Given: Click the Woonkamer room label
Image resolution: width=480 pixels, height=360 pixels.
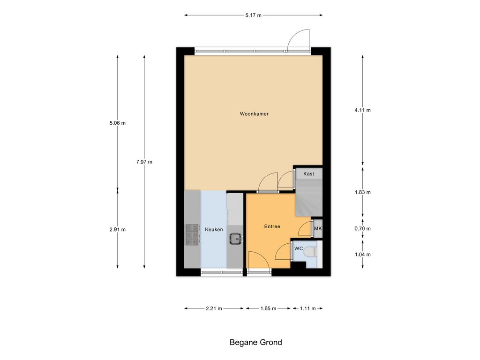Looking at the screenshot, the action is pyautogui.click(x=254, y=114).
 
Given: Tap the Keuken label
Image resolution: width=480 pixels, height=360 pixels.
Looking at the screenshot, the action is pyautogui.click(x=214, y=229).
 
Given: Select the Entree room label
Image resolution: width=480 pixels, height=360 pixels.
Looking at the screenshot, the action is pyautogui.click(x=272, y=226).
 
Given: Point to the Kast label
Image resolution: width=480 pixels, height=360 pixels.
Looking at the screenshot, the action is pyautogui.click(x=308, y=173).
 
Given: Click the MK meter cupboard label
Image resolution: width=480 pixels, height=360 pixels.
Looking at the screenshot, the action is pyautogui.click(x=318, y=228).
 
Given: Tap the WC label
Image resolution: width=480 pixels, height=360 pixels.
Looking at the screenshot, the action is pyautogui.click(x=299, y=248).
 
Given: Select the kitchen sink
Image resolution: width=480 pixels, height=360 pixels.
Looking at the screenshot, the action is pyautogui.click(x=235, y=238).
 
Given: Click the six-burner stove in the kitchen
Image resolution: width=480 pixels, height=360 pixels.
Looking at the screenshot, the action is pyautogui.click(x=193, y=235).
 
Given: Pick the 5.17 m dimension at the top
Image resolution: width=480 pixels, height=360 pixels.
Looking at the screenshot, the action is pyautogui.click(x=254, y=15).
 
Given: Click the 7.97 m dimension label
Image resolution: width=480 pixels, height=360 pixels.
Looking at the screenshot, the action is pyautogui.click(x=144, y=162).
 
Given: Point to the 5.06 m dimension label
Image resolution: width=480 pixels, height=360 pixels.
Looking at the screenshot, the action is pyautogui.click(x=117, y=123).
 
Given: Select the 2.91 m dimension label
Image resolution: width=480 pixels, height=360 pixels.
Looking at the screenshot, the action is pyautogui.click(x=117, y=230).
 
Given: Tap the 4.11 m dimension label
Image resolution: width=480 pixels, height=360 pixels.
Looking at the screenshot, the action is pyautogui.click(x=362, y=110).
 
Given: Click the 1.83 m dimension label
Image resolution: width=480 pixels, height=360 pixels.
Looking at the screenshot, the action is pyautogui.click(x=362, y=192).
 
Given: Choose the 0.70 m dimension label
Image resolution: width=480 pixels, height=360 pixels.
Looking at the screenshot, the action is pyautogui.click(x=362, y=229).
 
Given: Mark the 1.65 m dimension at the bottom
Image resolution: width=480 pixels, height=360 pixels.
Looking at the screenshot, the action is pyautogui.click(x=268, y=308).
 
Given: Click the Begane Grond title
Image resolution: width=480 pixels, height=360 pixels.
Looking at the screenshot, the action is pyautogui.click(x=255, y=342).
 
